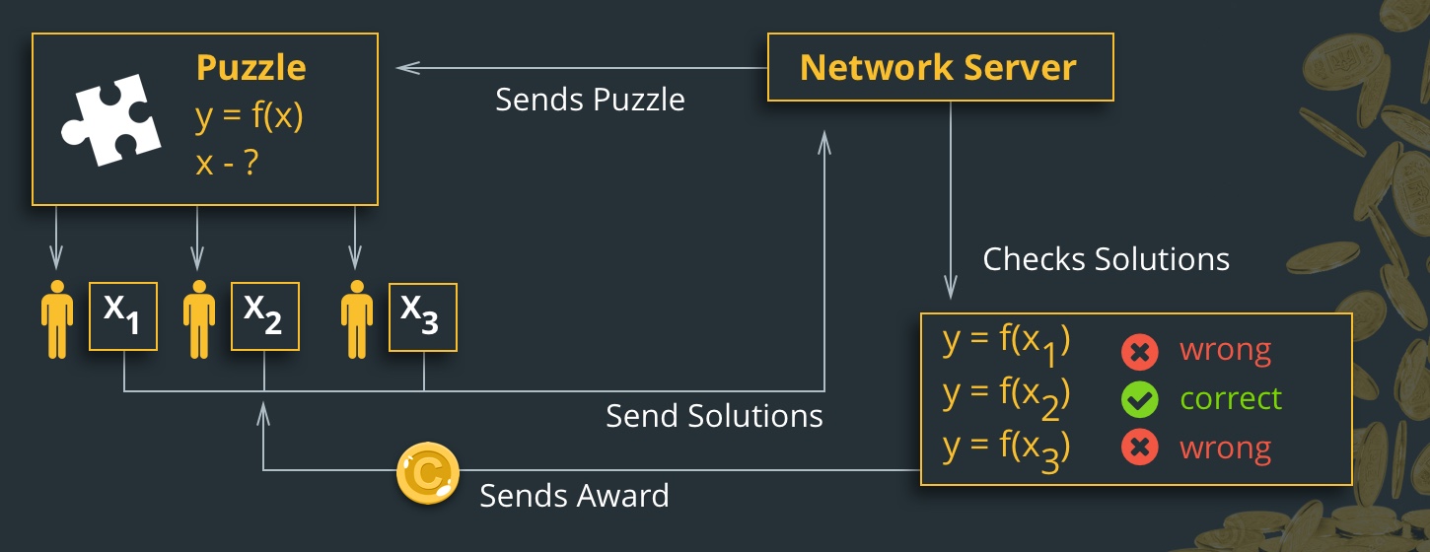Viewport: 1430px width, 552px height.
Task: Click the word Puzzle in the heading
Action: [x=250, y=68]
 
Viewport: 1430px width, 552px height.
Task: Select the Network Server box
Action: [x=939, y=68]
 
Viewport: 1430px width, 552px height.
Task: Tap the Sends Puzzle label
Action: [x=590, y=100]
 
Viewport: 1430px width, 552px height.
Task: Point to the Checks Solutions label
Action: [x=1106, y=259]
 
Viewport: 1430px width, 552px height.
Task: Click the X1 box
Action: [x=123, y=316]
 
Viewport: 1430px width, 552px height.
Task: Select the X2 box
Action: [x=264, y=316]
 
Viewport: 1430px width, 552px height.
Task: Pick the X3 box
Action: [x=422, y=316]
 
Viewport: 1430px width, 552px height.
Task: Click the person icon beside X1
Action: [x=57, y=318]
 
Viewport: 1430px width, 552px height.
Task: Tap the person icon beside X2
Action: [x=199, y=318]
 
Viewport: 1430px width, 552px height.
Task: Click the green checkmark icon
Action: [x=1139, y=399]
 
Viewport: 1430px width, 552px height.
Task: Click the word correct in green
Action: [x=1231, y=399]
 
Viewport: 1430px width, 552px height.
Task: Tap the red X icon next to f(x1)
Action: [x=1139, y=351]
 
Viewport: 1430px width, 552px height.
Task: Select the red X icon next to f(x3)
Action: [x=1139, y=448]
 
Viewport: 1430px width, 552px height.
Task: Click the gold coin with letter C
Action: [x=427, y=474]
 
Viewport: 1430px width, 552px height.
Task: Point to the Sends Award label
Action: [x=574, y=495]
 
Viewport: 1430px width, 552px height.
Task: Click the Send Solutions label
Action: [x=714, y=416]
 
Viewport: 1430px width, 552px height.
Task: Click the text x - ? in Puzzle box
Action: [x=227, y=163]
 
